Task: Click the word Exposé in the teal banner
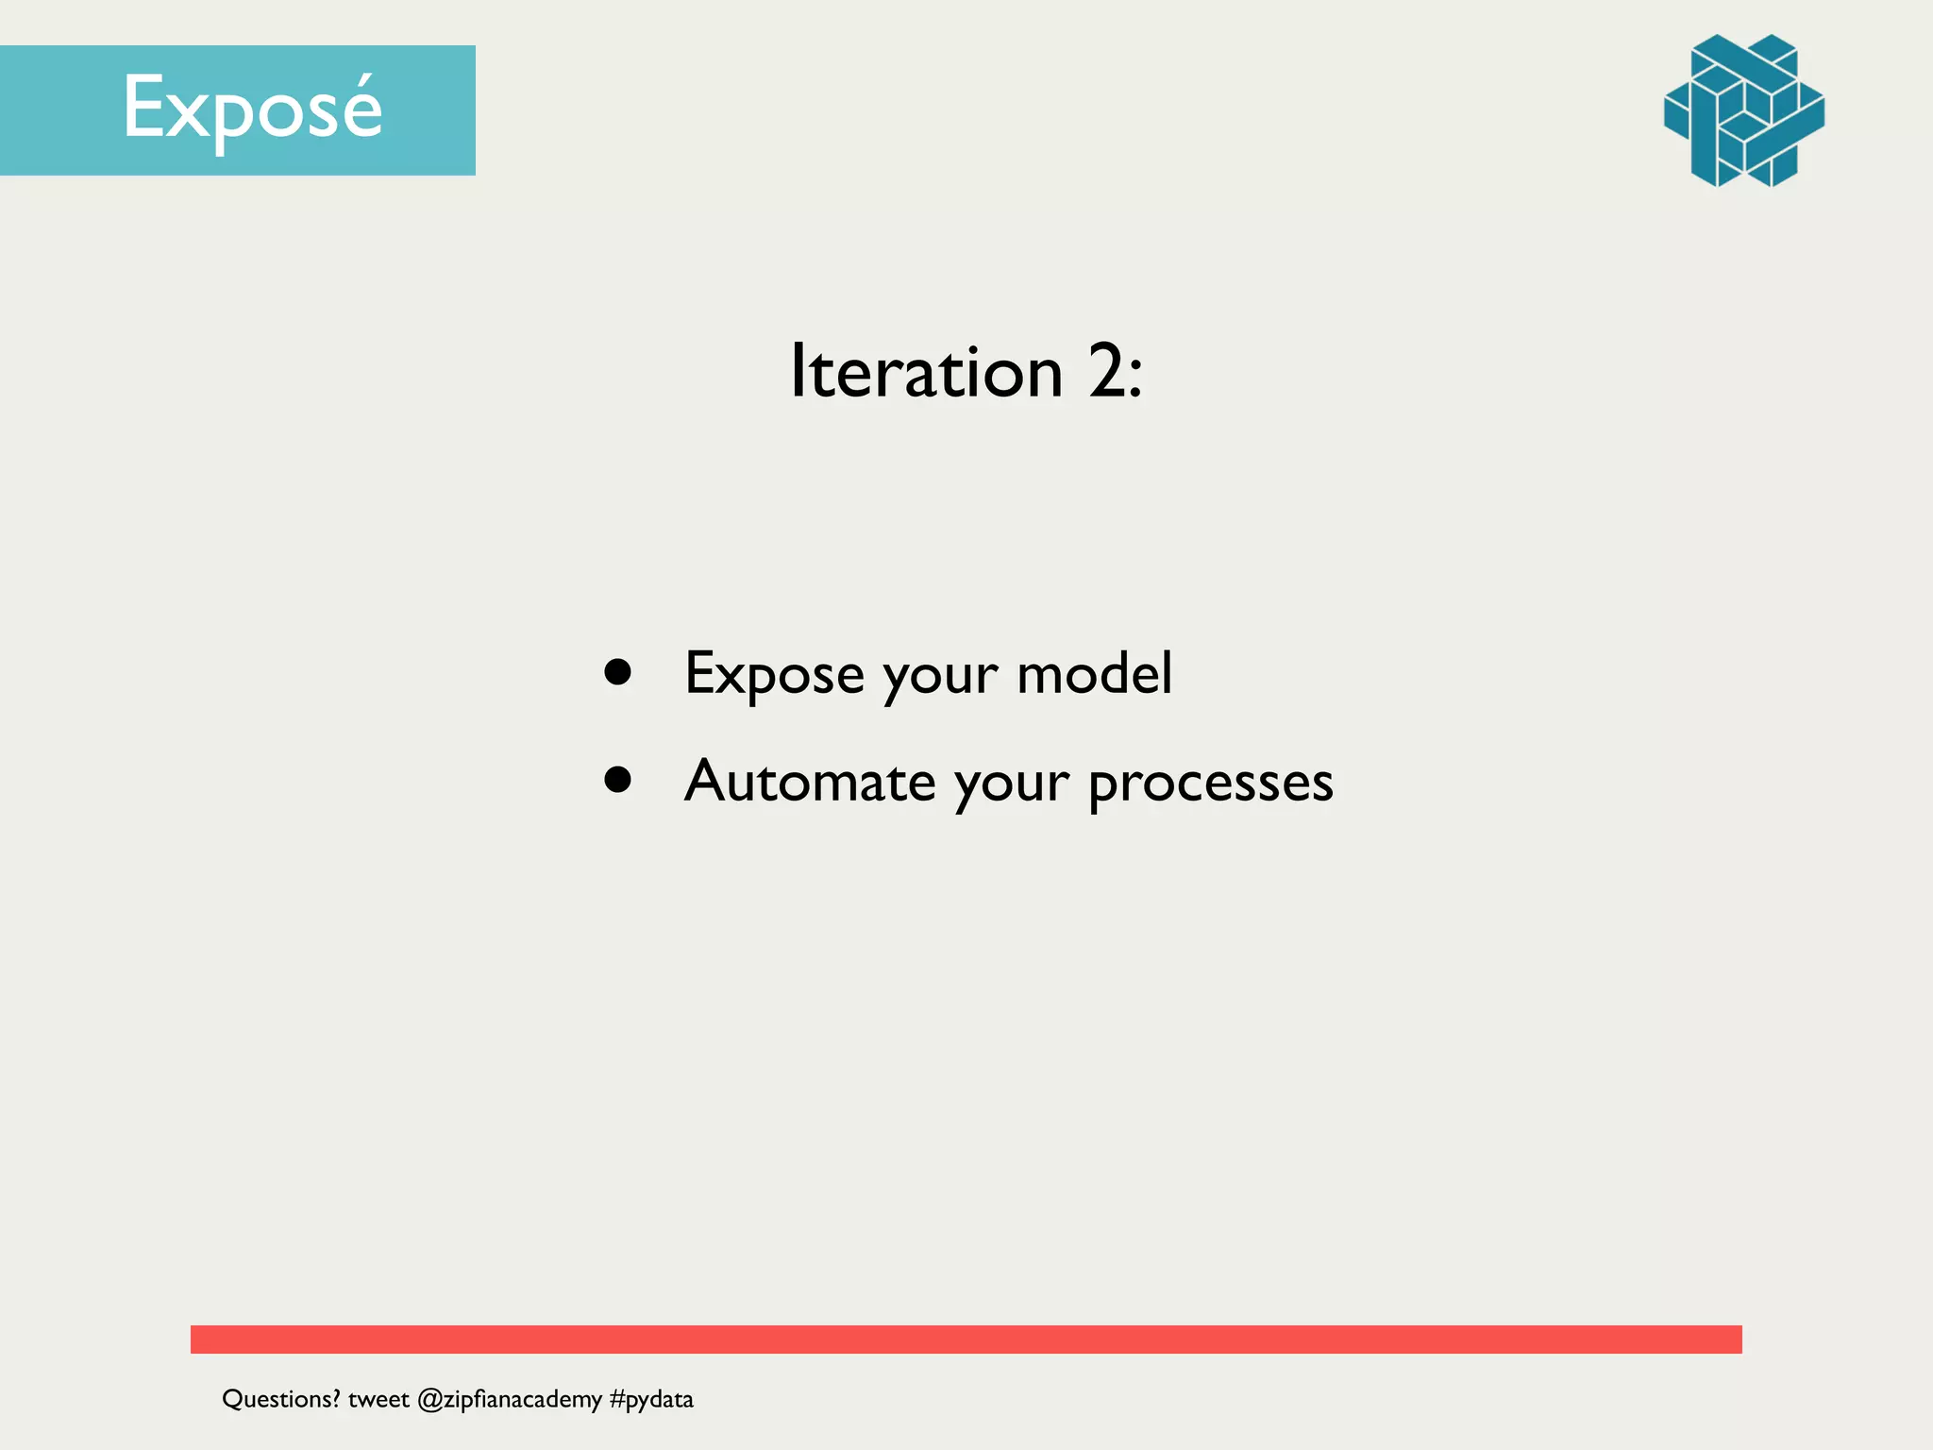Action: coord(252,110)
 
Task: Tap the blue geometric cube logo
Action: coord(1743,110)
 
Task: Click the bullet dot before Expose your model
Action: coord(618,672)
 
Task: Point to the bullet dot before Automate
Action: coord(618,780)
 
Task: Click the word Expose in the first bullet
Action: coord(774,674)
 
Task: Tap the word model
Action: coord(1094,674)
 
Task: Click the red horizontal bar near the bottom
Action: coord(966,1339)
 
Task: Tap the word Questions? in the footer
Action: coord(280,1399)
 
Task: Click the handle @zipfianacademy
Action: coord(509,1399)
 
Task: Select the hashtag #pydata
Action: coord(651,1399)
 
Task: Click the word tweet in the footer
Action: coord(378,1399)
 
